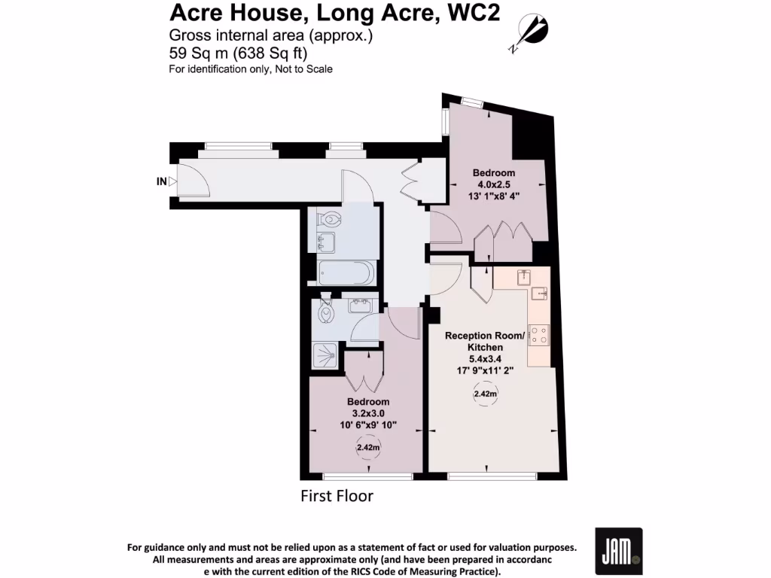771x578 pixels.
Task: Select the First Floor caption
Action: [337, 497]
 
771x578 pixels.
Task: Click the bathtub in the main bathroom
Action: [345, 273]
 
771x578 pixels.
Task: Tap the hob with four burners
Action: [539, 333]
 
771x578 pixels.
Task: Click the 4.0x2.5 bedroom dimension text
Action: [493, 184]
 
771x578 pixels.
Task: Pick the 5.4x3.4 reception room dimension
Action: [484, 359]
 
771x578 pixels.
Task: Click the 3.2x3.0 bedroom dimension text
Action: [368, 413]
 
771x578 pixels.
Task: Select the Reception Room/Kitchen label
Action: [483, 342]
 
